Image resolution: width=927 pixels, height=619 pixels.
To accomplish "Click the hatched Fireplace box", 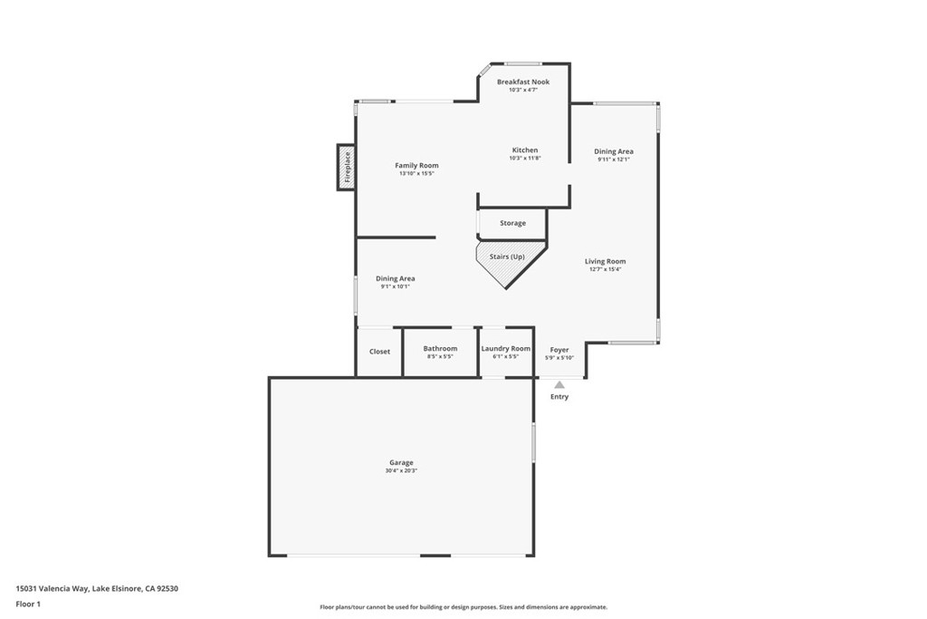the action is click(x=346, y=168).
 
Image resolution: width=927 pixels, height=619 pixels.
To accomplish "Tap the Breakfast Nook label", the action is click(x=523, y=82).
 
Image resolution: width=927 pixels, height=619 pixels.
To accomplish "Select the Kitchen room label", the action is click(x=525, y=150).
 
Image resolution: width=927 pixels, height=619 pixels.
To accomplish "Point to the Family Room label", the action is click(x=416, y=166).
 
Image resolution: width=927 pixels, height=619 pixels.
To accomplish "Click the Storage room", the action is click(x=512, y=224).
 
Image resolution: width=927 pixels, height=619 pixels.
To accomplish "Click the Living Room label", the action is click(x=606, y=262).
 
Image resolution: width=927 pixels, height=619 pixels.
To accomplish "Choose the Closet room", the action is click(x=379, y=352).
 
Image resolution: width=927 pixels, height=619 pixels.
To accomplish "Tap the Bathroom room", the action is click(x=441, y=352).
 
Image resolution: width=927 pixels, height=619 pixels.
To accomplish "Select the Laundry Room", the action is click(x=506, y=352).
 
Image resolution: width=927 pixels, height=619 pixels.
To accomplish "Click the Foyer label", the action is click(x=559, y=350).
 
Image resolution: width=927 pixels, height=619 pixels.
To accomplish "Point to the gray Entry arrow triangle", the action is click(x=559, y=384).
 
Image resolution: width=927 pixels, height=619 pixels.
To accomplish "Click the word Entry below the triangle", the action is click(x=559, y=396).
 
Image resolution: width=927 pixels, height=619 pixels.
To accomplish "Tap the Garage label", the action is click(x=401, y=463).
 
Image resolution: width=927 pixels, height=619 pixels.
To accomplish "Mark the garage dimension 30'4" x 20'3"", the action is click(x=401, y=471).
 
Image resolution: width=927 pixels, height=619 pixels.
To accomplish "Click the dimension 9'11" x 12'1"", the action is click(x=614, y=160).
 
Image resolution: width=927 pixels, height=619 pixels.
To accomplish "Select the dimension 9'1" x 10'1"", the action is click(x=396, y=286).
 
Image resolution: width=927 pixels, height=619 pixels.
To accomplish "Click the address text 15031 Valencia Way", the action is click(x=53, y=589).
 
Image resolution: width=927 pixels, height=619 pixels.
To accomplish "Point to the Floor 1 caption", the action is click(x=28, y=604).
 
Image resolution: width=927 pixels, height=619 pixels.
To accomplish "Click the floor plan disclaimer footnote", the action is click(x=463, y=607).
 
